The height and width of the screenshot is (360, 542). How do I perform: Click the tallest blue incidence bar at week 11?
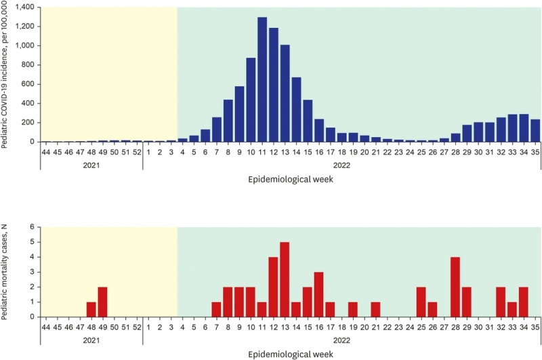(262, 79)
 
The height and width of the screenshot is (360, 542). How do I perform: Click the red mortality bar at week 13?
(285, 279)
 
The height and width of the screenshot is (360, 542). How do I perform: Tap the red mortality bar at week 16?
(318, 294)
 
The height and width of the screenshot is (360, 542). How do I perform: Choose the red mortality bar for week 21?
(375, 309)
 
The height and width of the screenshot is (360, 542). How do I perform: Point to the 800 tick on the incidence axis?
(26, 65)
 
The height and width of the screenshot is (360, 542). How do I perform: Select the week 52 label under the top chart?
(137, 152)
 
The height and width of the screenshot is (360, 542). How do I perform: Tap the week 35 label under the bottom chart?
(535, 327)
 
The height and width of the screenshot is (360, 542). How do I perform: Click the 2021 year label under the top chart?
(91, 165)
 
